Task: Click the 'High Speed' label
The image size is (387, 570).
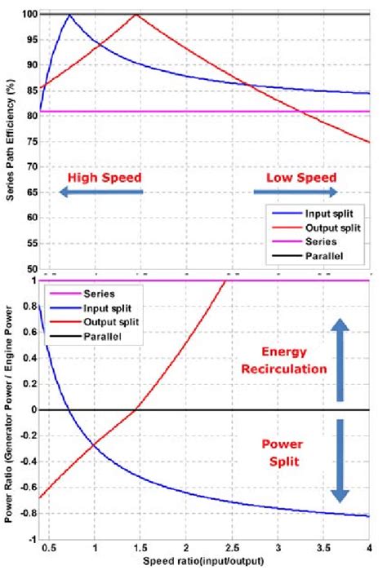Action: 105,176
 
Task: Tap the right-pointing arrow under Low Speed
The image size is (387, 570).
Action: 295,192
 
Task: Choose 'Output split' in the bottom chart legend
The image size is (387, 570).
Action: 110,322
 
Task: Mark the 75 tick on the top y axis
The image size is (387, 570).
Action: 30,142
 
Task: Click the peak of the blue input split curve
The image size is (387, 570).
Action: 69,15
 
